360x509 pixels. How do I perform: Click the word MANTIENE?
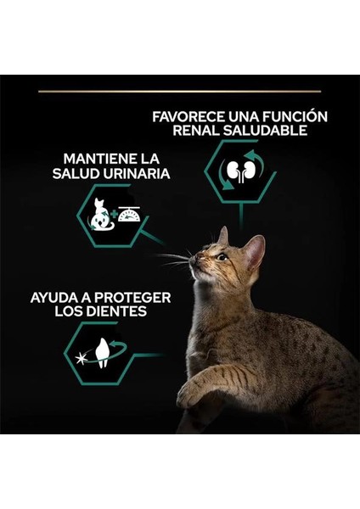pyautogui.click(x=96, y=159)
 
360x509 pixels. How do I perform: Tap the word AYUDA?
pyautogui.click(x=57, y=299)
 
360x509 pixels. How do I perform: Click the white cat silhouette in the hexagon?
pyautogui.click(x=101, y=215)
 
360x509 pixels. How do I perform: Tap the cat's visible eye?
pyautogui.click(x=221, y=256)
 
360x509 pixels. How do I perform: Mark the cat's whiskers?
pyautogui.click(x=174, y=258)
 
